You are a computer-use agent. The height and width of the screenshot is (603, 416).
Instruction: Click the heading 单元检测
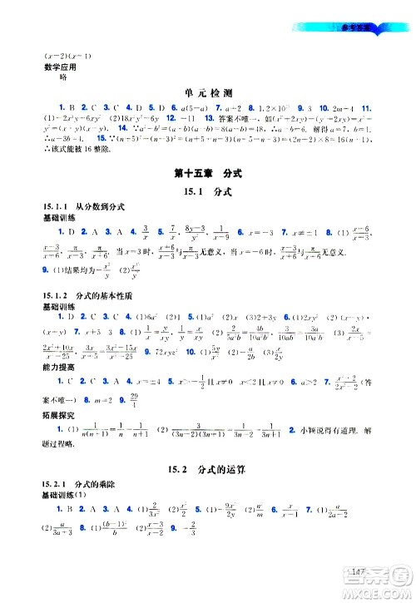point(207,94)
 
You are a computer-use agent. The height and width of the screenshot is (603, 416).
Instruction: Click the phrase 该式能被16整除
point(71,142)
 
